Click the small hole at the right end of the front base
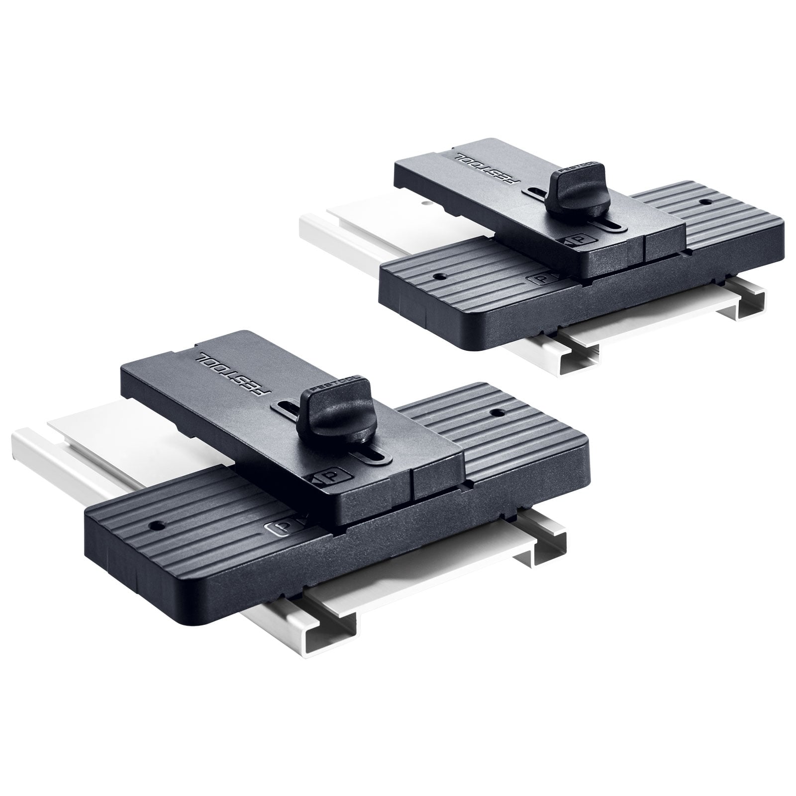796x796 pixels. coord(496,412)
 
